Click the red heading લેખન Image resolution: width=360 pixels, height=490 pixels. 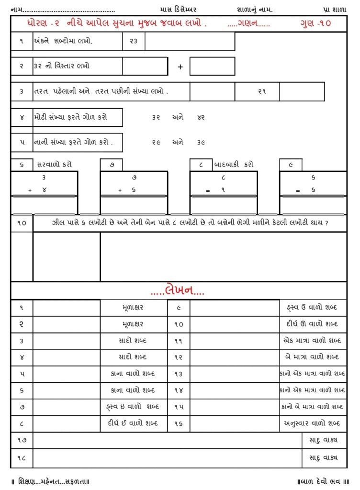tap(178, 290)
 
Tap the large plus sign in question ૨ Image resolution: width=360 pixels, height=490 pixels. tap(180, 67)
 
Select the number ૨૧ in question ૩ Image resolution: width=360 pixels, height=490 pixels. tap(262, 91)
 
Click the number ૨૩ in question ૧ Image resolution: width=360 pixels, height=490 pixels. tap(134, 42)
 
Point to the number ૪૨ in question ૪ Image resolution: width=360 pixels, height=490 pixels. tap(201, 117)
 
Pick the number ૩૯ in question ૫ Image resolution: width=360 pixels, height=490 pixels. tap(201, 142)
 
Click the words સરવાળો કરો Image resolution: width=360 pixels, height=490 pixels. tap(55, 165)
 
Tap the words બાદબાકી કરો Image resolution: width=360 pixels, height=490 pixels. tap(234, 165)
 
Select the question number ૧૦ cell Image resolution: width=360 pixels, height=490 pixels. tap(22, 223)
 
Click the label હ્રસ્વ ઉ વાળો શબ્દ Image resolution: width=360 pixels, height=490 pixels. tap(311, 307)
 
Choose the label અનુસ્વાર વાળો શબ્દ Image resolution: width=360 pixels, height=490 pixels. tap(312, 423)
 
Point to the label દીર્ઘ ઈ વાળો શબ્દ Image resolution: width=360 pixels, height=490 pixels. tap(133, 423)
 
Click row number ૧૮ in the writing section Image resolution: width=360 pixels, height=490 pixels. tap(22, 458)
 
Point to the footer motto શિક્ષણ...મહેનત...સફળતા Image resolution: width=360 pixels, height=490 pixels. tap(50, 480)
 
